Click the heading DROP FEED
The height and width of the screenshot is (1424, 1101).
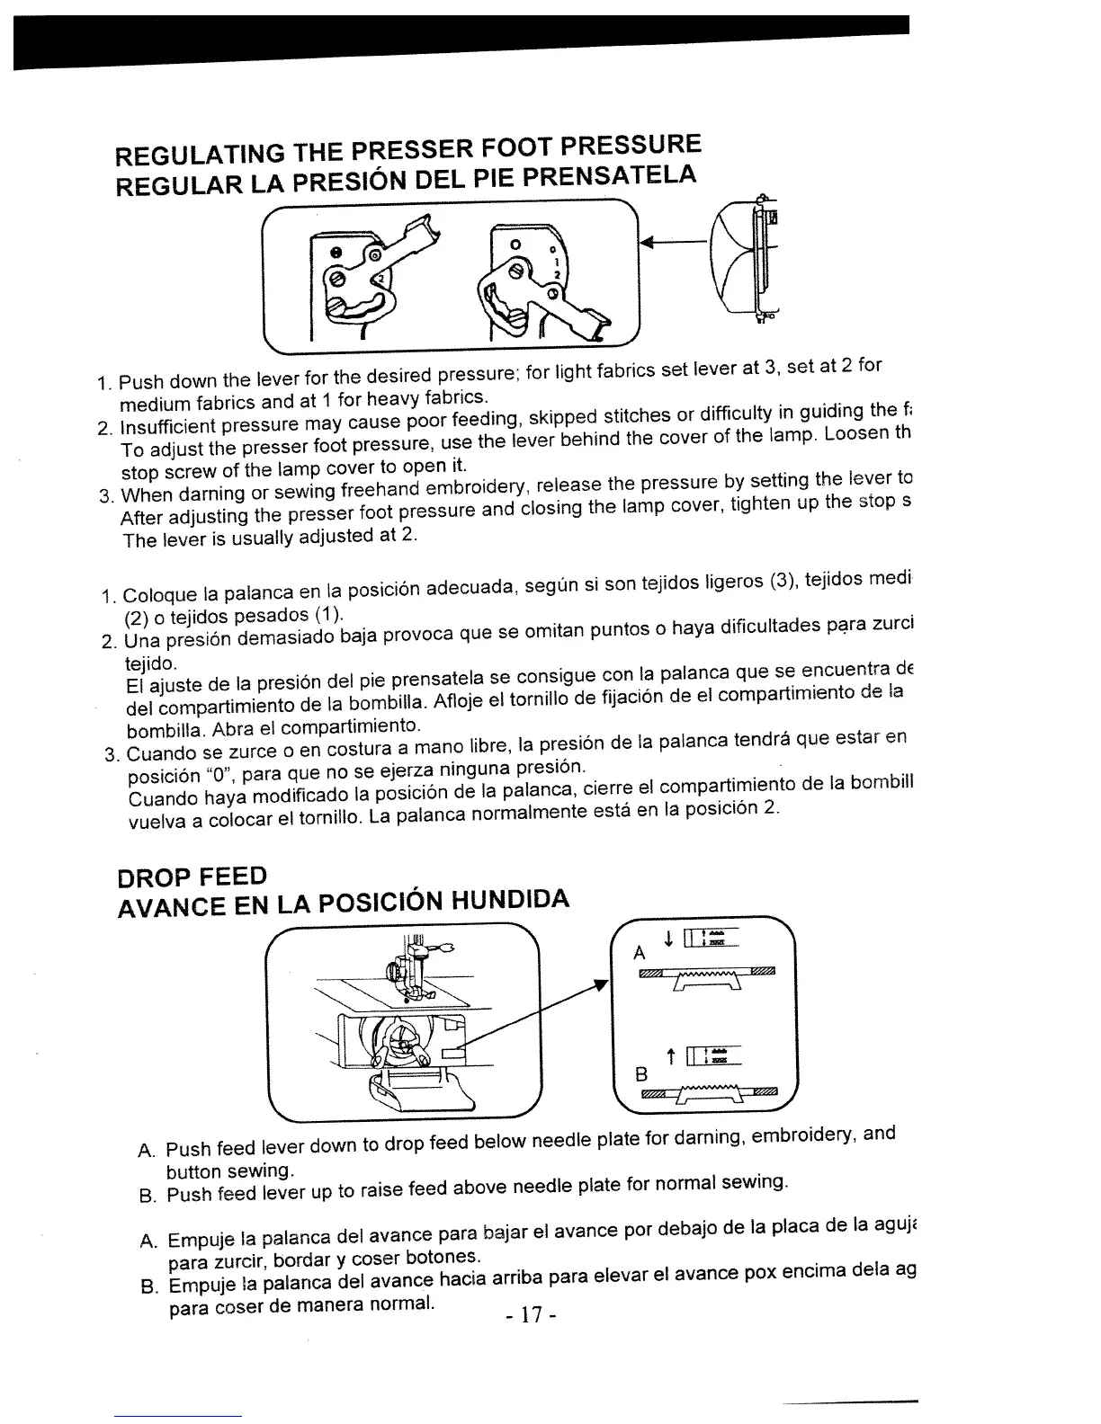click(192, 875)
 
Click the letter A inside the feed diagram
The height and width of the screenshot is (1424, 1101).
click(639, 953)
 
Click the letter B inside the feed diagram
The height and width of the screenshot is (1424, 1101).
click(641, 1073)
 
